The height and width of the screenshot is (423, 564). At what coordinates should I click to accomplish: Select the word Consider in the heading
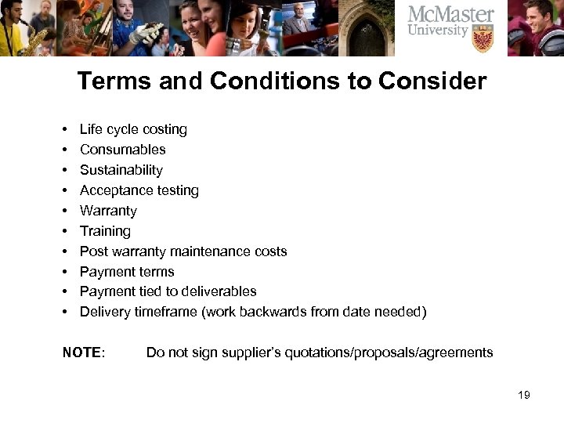pyautogui.click(x=436, y=81)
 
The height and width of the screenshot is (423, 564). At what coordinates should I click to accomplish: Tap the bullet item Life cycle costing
pyautogui.click(x=133, y=129)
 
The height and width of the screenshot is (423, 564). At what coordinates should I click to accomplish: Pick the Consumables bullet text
pyautogui.click(x=123, y=150)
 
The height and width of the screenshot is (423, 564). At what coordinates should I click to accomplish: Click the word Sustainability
pyautogui.click(x=121, y=170)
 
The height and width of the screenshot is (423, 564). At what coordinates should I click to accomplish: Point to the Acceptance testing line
pyautogui.click(x=139, y=190)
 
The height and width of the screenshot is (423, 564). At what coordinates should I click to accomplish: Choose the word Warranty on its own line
pyautogui.click(x=108, y=211)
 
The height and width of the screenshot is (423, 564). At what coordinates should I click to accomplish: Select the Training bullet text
pyautogui.click(x=105, y=231)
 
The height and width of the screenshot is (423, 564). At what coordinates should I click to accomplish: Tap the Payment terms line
pyautogui.click(x=127, y=272)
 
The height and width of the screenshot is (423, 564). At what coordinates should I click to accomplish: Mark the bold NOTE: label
pyautogui.click(x=84, y=352)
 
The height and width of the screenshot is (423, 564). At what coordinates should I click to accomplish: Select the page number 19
pyautogui.click(x=524, y=395)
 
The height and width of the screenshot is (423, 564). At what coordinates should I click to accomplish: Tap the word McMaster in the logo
pyautogui.click(x=451, y=14)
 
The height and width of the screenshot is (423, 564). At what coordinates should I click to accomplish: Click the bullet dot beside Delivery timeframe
pyautogui.click(x=64, y=313)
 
